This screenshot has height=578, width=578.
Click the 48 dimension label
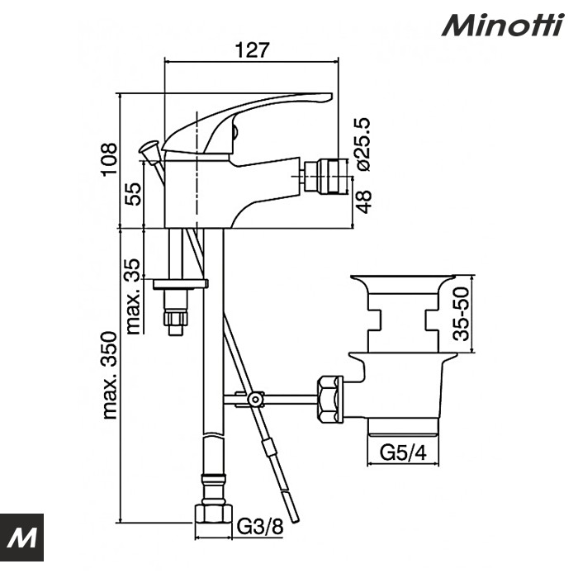[364, 199]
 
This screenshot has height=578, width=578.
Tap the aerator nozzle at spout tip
[317, 175]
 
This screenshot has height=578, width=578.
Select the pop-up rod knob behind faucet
[149, 149]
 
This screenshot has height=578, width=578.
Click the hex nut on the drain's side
[329, 400]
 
